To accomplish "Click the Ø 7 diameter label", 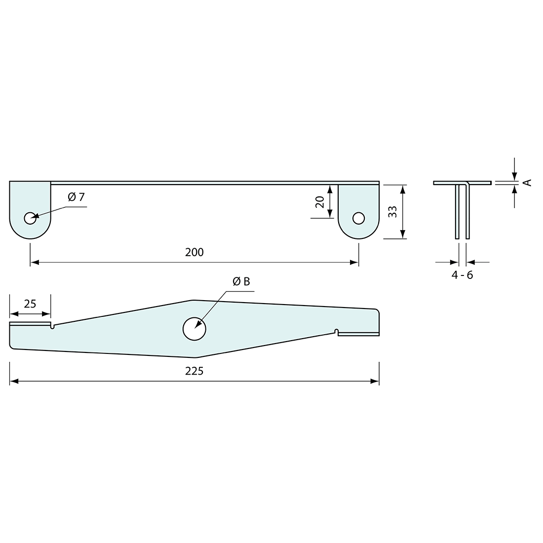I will point(76,197).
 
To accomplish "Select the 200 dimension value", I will point(194,252).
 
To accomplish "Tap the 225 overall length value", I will point(194,371).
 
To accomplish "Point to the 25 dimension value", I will point(30,304).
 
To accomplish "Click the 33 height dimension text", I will point(392,212).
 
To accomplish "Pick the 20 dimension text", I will point(319,201).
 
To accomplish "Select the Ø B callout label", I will point(241,281).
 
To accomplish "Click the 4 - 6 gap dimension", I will point(462,275).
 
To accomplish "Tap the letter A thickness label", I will point(528,183).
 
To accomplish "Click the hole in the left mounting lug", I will point(30,218).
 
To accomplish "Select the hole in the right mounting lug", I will point(358,218).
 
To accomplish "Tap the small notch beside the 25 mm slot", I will point(53,325).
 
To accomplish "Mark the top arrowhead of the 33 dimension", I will point(403,188).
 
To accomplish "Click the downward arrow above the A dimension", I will point(514,176).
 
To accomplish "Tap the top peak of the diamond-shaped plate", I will point(193,300).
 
